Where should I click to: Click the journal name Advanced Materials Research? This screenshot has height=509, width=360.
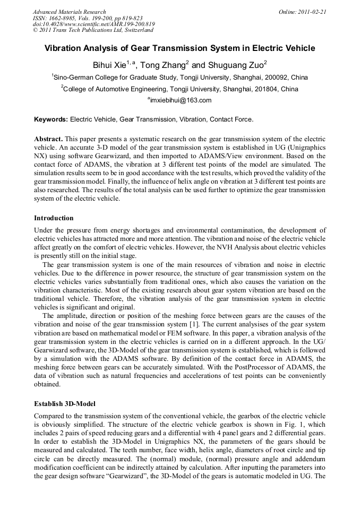(69, 12)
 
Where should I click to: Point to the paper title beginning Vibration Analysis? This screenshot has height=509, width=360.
(179, 48)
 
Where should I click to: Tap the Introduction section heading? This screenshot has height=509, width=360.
(54, 218)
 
